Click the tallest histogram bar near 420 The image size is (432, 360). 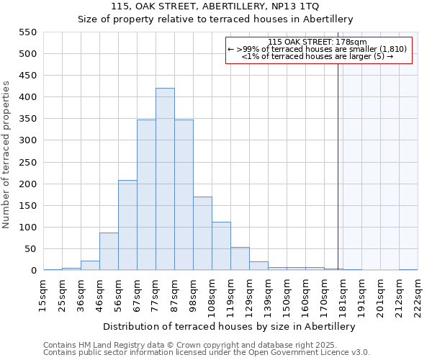pyautogui.click(x=165, y=179)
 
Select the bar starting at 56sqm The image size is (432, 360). pyautogui.click(x=127, y=225)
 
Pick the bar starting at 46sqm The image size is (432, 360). pyautogui.click(x=109, y=251)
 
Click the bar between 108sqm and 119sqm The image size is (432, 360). pyautogui.click(x=221, y=246)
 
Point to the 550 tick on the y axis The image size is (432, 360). pyautogui.click(x=27, y=32)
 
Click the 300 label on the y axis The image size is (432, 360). pyautogui.click(x=27, y=140)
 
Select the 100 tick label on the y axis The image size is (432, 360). pyautogui.click(x=27, y=228)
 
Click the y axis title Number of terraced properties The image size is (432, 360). pyautogui.click(x=7, y=155)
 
